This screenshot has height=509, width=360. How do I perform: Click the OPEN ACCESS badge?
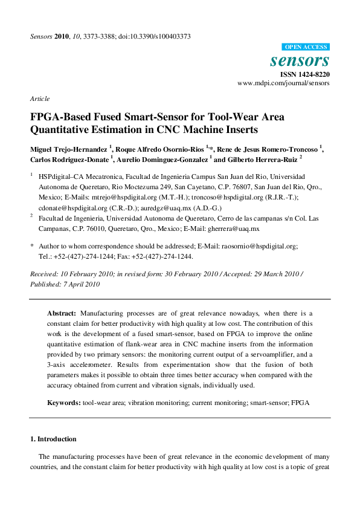point(306,47)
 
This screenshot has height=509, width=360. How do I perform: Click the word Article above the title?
point(40,99)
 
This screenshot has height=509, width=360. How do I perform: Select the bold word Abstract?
point(62,314)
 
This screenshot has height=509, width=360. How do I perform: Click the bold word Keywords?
point(64,402)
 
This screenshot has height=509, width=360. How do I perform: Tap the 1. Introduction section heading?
point(54,439)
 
